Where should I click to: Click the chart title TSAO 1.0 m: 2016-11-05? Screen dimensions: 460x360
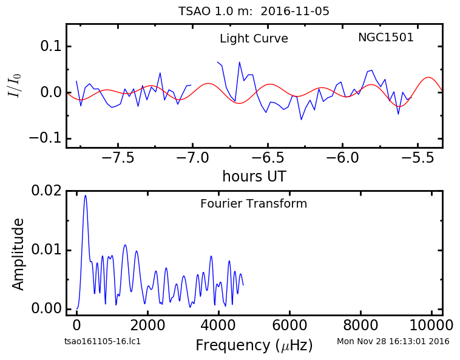254,12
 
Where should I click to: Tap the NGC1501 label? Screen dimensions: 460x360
386,37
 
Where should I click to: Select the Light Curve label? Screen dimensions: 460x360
254,38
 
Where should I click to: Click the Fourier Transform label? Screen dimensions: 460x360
254,203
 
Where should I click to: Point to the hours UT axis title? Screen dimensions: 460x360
254,176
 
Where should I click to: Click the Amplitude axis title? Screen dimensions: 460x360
18,254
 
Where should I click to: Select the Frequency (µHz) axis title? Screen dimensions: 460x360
254,345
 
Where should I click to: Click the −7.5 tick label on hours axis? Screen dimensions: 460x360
118,158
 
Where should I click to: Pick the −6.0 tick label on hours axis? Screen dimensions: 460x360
342,158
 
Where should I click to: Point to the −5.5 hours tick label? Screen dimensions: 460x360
418,158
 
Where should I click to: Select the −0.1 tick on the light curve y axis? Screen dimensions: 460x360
46,138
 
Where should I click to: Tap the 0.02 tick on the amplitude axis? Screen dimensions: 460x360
47,191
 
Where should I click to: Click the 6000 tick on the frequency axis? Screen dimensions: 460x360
289,325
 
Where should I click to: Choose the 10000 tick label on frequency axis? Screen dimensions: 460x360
431,325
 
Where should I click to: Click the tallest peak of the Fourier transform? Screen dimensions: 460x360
86,195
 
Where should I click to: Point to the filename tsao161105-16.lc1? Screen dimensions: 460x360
103,341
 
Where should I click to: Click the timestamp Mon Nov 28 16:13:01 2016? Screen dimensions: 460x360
393,341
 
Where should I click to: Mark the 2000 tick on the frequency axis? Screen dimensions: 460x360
147,325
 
